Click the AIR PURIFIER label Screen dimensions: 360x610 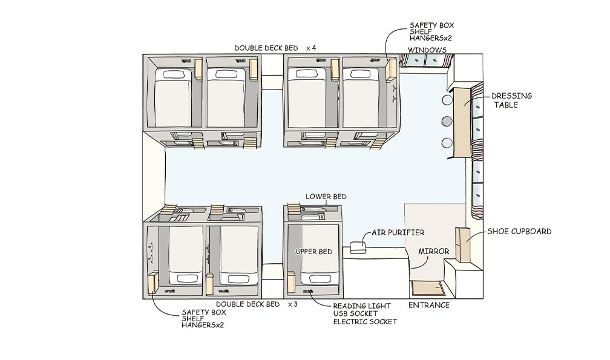pos(398,232)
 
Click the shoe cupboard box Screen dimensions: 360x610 pos(463,244)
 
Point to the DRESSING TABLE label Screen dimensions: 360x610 pos(511,100)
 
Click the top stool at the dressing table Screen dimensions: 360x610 pos(447,99)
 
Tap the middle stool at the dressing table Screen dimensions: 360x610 pos(447,120)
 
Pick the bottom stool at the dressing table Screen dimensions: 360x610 pos(447,143)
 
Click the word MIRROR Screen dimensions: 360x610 pos(433,251)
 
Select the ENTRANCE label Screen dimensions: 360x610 pos(429,305)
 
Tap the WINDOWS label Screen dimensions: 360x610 pos(427,50)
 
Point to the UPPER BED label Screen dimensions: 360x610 pos(313,251)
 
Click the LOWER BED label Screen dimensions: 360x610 pos(326,197)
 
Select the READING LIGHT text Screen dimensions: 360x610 pos(362,306)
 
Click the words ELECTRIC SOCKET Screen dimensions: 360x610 pos(365,321)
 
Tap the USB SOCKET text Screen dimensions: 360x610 pos(358,314)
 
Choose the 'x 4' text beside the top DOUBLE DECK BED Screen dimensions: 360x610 pos(311,47)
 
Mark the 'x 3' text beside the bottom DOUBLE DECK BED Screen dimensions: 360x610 pos(293,304)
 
